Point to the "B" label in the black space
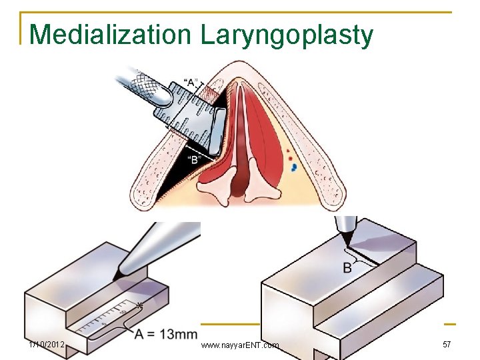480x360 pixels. pyautogui.click(x=194, y=159)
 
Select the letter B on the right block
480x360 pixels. pyautogui.click(x=347, y=268)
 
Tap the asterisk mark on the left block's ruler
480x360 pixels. pyautogui.click(x=140, y=305)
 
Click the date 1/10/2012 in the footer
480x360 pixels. pyautogui.click(x=46, y=345)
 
